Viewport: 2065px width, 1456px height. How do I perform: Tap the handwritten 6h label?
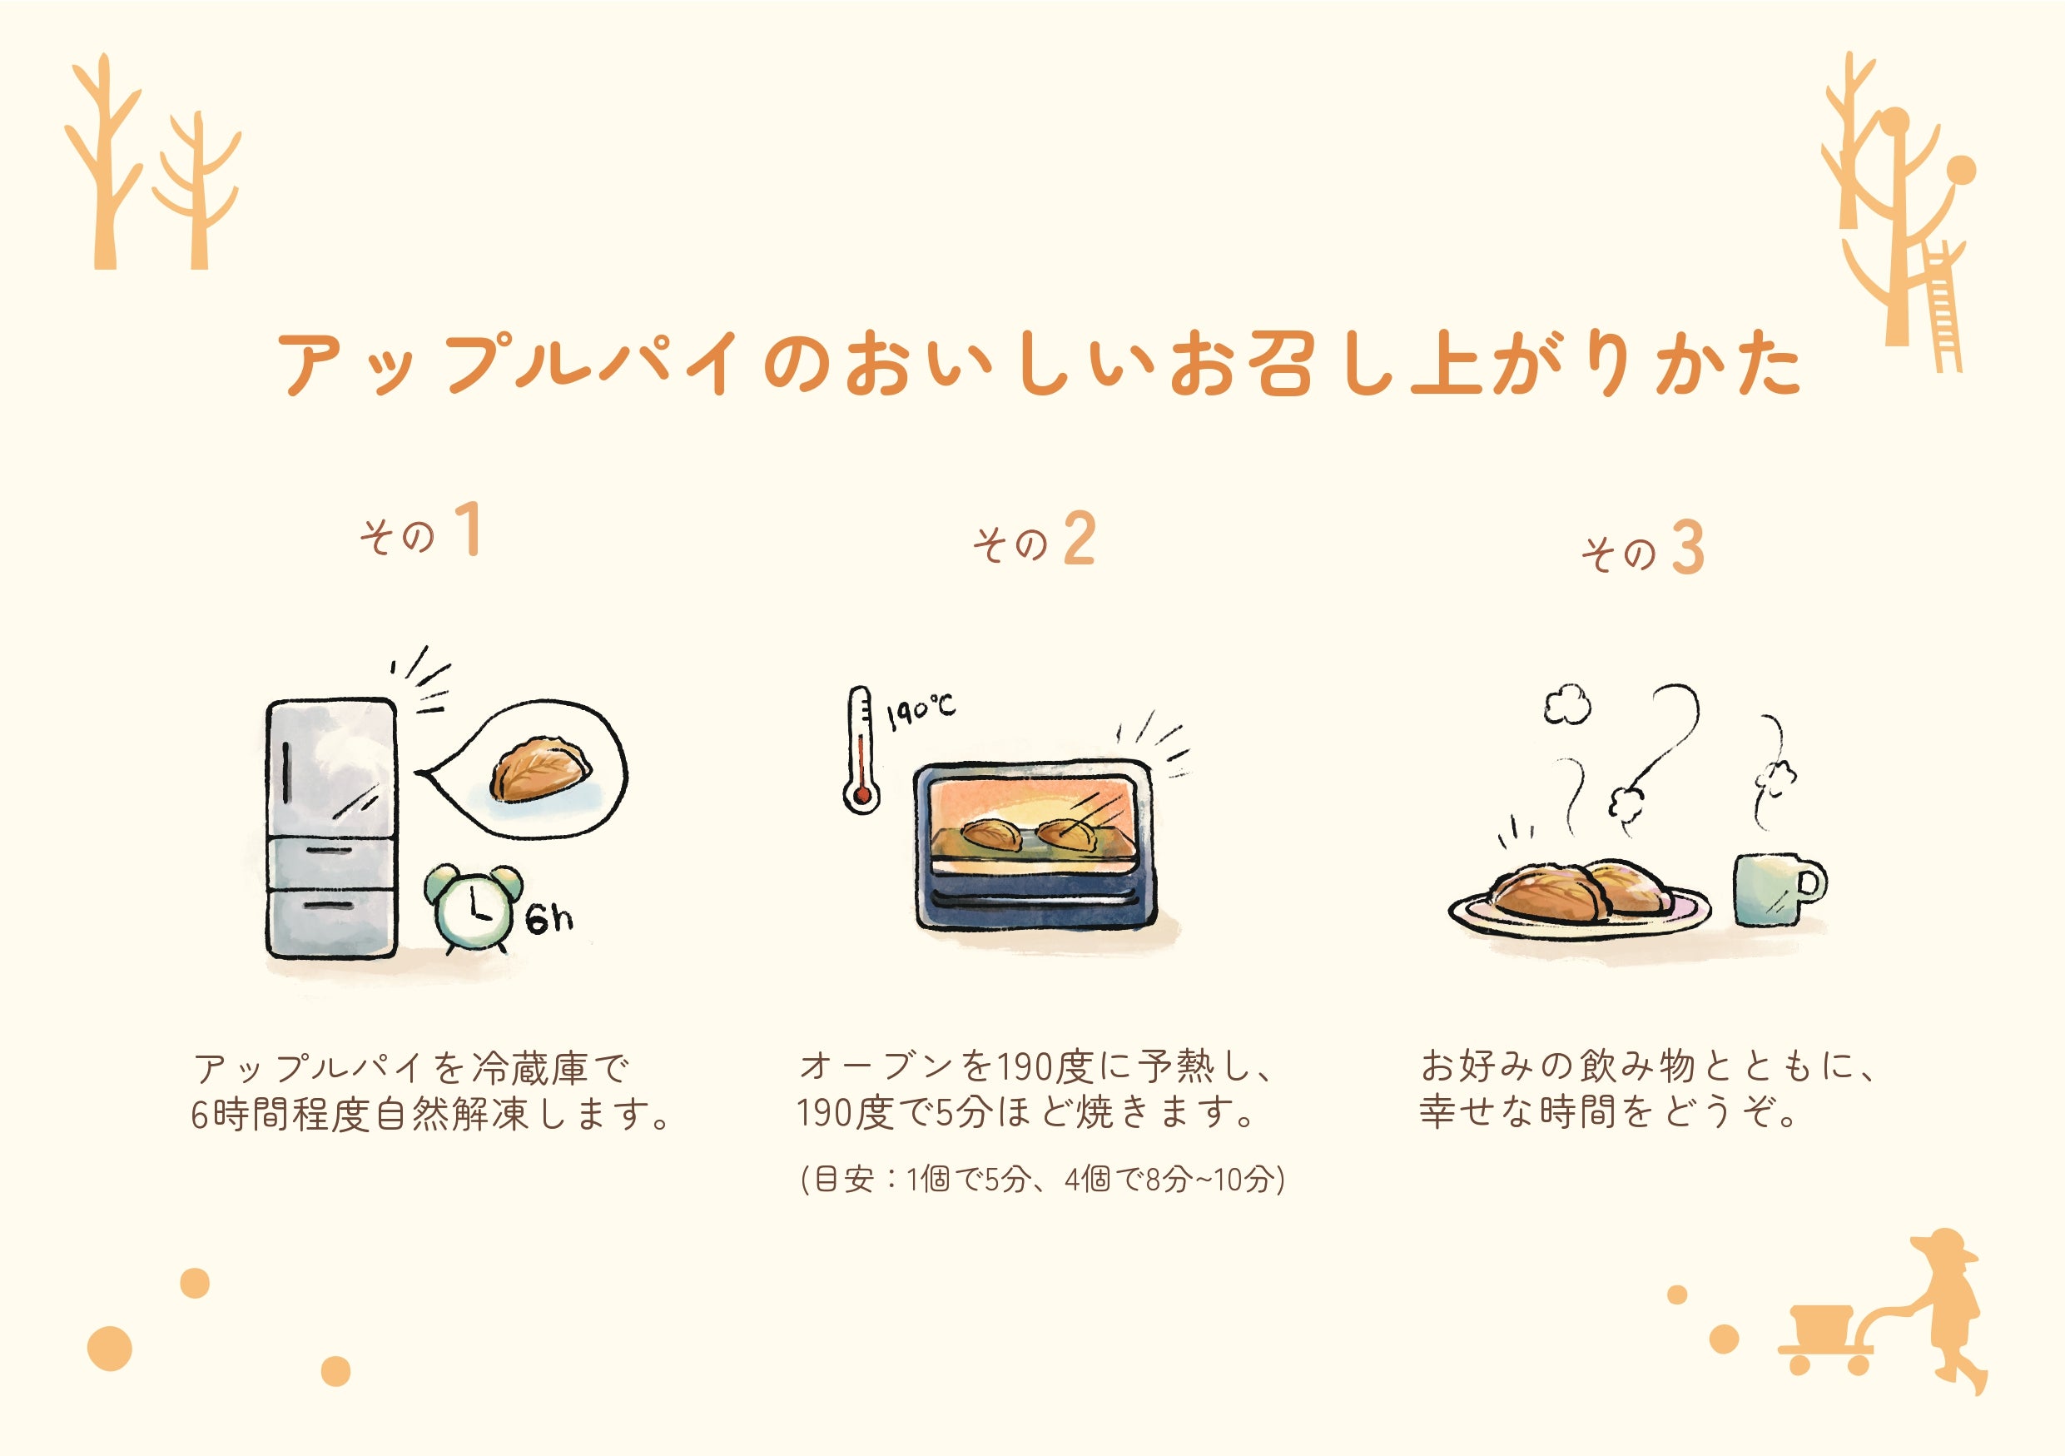(x=549, y=918)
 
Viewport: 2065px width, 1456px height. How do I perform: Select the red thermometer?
(x=861, y=750)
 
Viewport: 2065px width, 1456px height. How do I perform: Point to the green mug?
(x=1772, y=888)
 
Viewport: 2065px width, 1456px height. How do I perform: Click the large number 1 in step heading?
(x=468, y=529)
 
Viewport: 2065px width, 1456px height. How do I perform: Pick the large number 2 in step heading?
(x=1080, y=539)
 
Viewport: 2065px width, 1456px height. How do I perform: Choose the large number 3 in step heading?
(x=1688, y=548)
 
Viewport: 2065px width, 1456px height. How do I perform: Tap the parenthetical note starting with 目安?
(x=1041, y=1179)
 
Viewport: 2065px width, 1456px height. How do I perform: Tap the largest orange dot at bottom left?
(x=110, y=1348)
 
